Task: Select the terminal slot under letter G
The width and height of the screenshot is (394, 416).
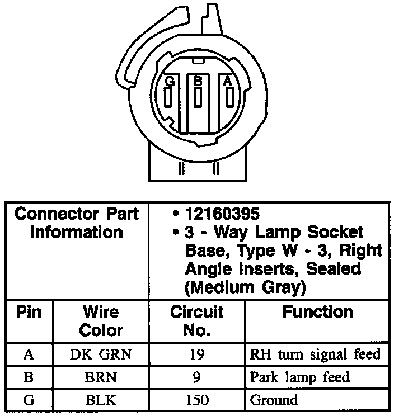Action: pyautogui.click(x=168, y=98)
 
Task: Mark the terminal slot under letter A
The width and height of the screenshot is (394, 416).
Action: pyautogui.click(x=228, y=98)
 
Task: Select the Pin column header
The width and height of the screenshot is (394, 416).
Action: pyautogui.click(x=29, y=312)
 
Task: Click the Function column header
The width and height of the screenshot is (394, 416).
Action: pyautogui.click(x=317, y=312)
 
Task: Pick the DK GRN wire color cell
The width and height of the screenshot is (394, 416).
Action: pyautogui.click(x=101, y=354)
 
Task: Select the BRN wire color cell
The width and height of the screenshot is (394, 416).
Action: pyautogui.click(x=101, y=377)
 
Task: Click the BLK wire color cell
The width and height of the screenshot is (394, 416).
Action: pyautogui.click(x=101, y=400)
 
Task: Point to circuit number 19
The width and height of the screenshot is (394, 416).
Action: pyautogui.click(x=196, y=354)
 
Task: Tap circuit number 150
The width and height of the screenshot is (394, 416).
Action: pyautogui.click(x=196, y=400)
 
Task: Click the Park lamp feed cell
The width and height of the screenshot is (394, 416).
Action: pyautogui.click(x=300, y=377)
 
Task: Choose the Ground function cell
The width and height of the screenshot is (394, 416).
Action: pyautogui.click(x=274, y=400)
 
